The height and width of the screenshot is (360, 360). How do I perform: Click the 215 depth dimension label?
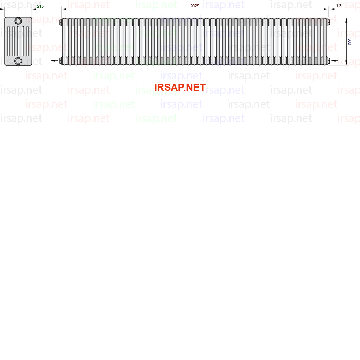pyautogui.click(x=40, y=6)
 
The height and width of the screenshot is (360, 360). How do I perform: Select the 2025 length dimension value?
pyautogui.click(x=195, y=6)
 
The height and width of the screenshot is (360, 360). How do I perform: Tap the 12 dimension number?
pyautogui.click(x=339, y=6)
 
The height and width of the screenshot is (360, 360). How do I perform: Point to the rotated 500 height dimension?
pyautogui.click(x=349, y=41)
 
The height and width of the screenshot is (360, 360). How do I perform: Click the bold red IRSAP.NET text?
pyautogui.click(x=180, y=87)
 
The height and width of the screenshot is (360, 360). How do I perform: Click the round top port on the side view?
pyautogui.click(x=18, y=21)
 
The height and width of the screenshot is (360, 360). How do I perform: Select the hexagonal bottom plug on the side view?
pyautogui.click(x=18, y=61)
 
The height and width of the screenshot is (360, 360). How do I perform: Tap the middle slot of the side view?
pyautogui.click(x=18, y=41)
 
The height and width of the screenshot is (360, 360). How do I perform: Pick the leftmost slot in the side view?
pyautogui.click(x=9, y=41)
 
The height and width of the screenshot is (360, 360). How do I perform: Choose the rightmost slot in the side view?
pyautogui.click(x=28, y=41)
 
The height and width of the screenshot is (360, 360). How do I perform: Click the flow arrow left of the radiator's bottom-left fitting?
pyautogui.click(x=54, y=61)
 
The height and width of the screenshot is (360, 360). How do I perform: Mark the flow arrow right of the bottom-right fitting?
pyautogui.click(x=335, y=61)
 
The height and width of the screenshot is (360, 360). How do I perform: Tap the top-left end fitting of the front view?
pyautogui.click(x=61, y=22)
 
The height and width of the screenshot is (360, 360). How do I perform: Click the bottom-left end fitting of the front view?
pyautogui.click(x=61, y=61)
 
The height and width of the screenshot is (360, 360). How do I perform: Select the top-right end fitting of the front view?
pyautogui.click(x=328, y=22)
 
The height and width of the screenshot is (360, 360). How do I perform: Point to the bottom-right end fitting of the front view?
pyautogui.click(x=328, y=61)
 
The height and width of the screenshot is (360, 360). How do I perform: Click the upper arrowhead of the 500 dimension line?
pyautogui.click(x=347, y=20)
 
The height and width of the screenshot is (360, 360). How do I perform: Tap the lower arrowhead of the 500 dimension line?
pyautogui.click(x=347, y=62)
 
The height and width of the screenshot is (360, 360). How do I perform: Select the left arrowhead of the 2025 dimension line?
pyautogui.click(x=64, y=9)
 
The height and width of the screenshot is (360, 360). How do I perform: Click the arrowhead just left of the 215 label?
pyautogui.click(x=34, y=9)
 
